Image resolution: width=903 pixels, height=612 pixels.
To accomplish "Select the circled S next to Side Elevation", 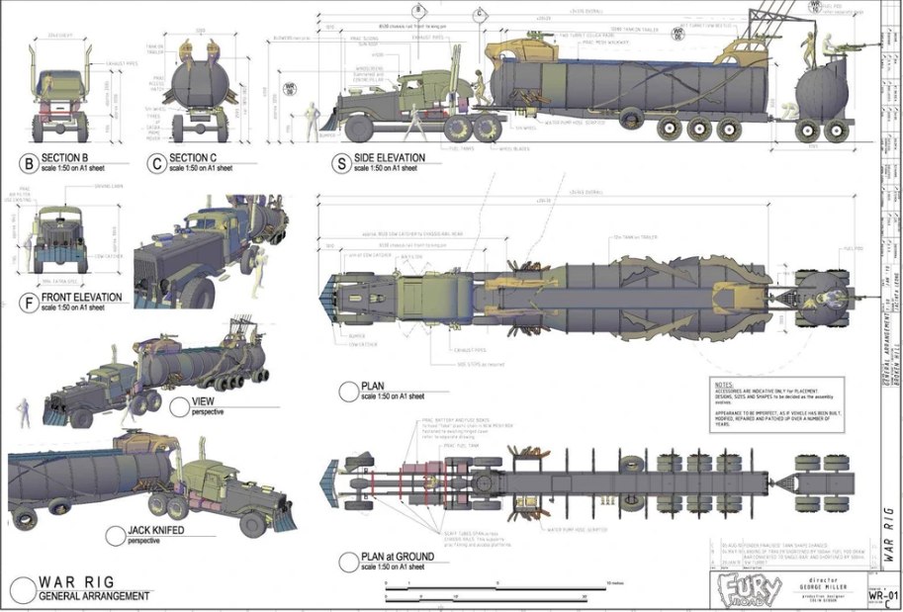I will coord(342,162).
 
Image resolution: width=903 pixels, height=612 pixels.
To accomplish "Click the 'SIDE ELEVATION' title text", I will coord(394,157).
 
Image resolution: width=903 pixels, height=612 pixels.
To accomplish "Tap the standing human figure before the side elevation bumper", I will coord(311,120).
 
